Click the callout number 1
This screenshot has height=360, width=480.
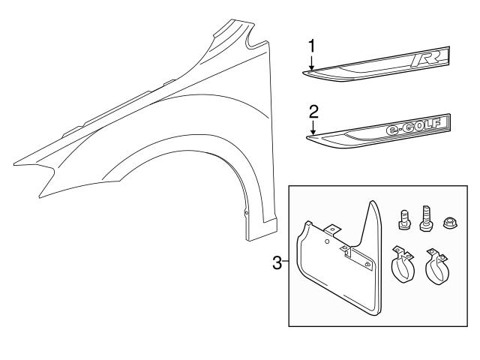point(310,47)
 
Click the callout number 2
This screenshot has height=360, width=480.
point(314,111)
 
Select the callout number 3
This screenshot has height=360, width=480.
point(276,263)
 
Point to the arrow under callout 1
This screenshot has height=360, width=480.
point(310,63)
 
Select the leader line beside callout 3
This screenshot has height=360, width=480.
point(285,263)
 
